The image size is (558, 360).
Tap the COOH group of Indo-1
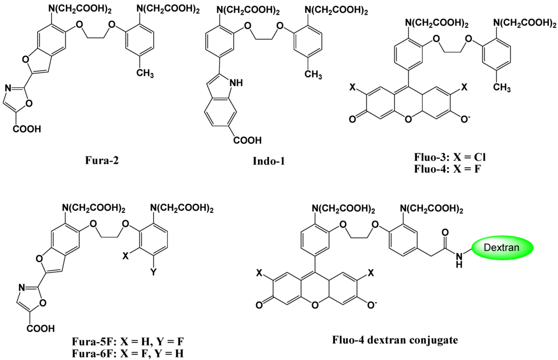[x=247, y=141]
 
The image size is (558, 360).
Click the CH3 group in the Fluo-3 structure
[x=500, y=87]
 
